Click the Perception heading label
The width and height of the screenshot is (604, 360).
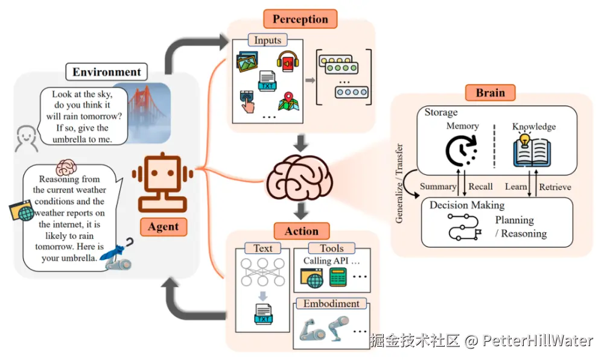299,19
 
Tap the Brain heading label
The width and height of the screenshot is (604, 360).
490,93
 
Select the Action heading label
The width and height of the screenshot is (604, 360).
301,231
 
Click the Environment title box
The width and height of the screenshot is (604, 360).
107,72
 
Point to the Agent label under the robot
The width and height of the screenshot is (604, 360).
164,227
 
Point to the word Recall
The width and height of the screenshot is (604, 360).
480,186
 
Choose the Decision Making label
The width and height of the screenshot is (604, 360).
467,205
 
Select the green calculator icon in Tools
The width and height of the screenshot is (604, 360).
338,277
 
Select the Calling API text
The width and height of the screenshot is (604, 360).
331,261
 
